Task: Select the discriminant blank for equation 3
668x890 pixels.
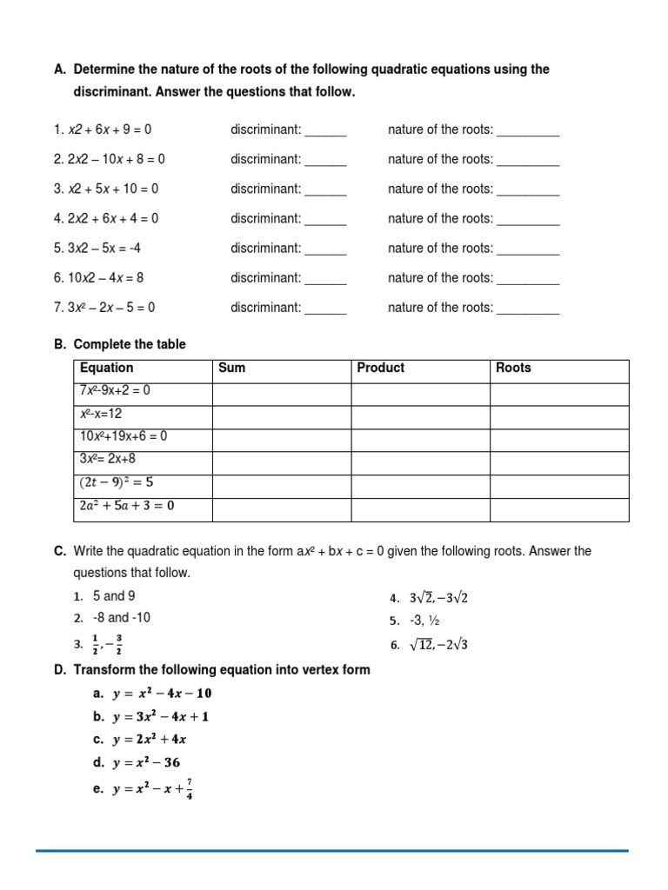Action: coord(325,189)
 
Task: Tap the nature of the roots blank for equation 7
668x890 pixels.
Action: coord(528,308)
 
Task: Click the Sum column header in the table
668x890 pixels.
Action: coord(231,368)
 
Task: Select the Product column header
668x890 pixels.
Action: coord(380,368)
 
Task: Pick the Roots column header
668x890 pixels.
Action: coord(513,368)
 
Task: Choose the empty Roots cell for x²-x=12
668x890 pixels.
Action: coord(558,415)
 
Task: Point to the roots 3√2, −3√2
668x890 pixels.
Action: coord(438,598)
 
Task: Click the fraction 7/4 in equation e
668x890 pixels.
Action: coord(190,788)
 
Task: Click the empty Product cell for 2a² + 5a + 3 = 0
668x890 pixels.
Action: coord(420,507)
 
